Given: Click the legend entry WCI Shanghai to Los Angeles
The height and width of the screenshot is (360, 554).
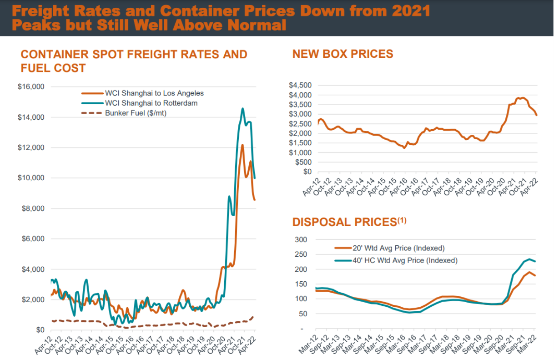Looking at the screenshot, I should click(x=154, y=93).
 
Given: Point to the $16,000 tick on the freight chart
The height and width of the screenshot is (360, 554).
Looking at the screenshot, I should click(x=31, y=87).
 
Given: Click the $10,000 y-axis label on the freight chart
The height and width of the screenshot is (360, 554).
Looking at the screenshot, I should click(x=31, y=178).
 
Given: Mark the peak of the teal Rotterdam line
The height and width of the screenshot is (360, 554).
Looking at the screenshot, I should click(x=242, y=109).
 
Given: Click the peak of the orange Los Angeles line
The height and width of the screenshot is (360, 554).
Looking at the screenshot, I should click(x=242, y=145).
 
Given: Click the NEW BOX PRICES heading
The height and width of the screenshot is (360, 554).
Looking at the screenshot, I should click(x=342, y=54).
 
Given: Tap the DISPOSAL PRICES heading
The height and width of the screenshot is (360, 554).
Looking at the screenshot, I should click(x=344, y=222).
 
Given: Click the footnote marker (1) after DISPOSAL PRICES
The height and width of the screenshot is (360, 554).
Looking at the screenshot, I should click(x=402, y=220).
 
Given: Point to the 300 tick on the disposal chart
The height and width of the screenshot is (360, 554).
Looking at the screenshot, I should click(x=302, y=240).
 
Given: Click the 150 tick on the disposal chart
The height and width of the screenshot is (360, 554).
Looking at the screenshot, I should click(x=302, y=284).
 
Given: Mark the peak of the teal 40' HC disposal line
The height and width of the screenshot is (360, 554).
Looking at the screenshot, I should click(x=529, y=259).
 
